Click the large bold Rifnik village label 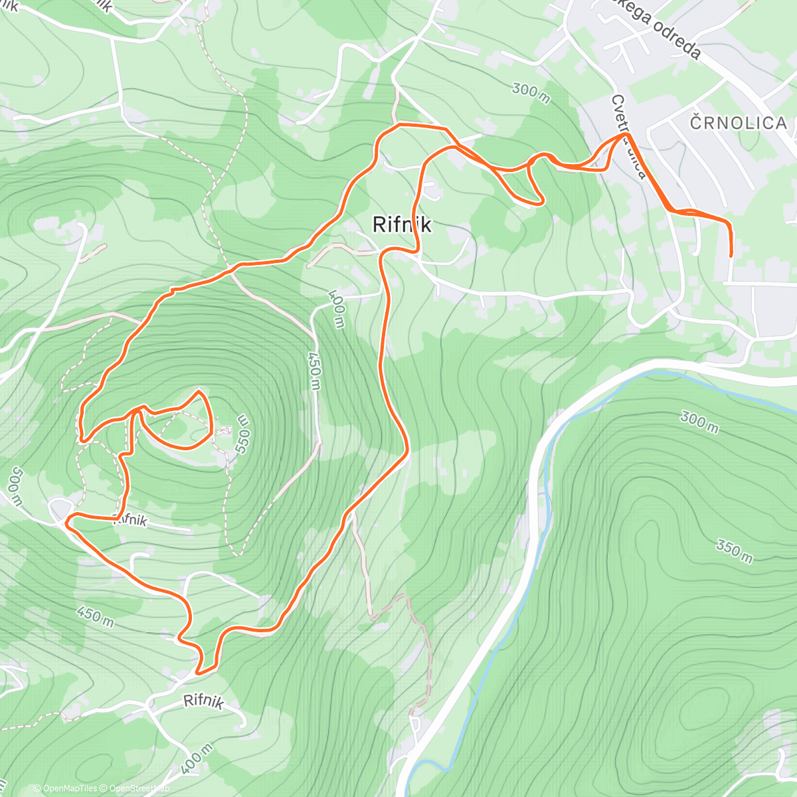click(x=402, y=224)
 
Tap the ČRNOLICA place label click(x=739, y=123)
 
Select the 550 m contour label click(x=242, y=434)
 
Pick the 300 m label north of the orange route click(x=531, y=94)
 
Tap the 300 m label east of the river click(x=699, y=421)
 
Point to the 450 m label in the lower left click(x=94, y=616)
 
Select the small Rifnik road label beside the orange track click(x=130, y=521)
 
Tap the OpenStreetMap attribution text click(x=135, y=788)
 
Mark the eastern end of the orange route click(x=731, y=255)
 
